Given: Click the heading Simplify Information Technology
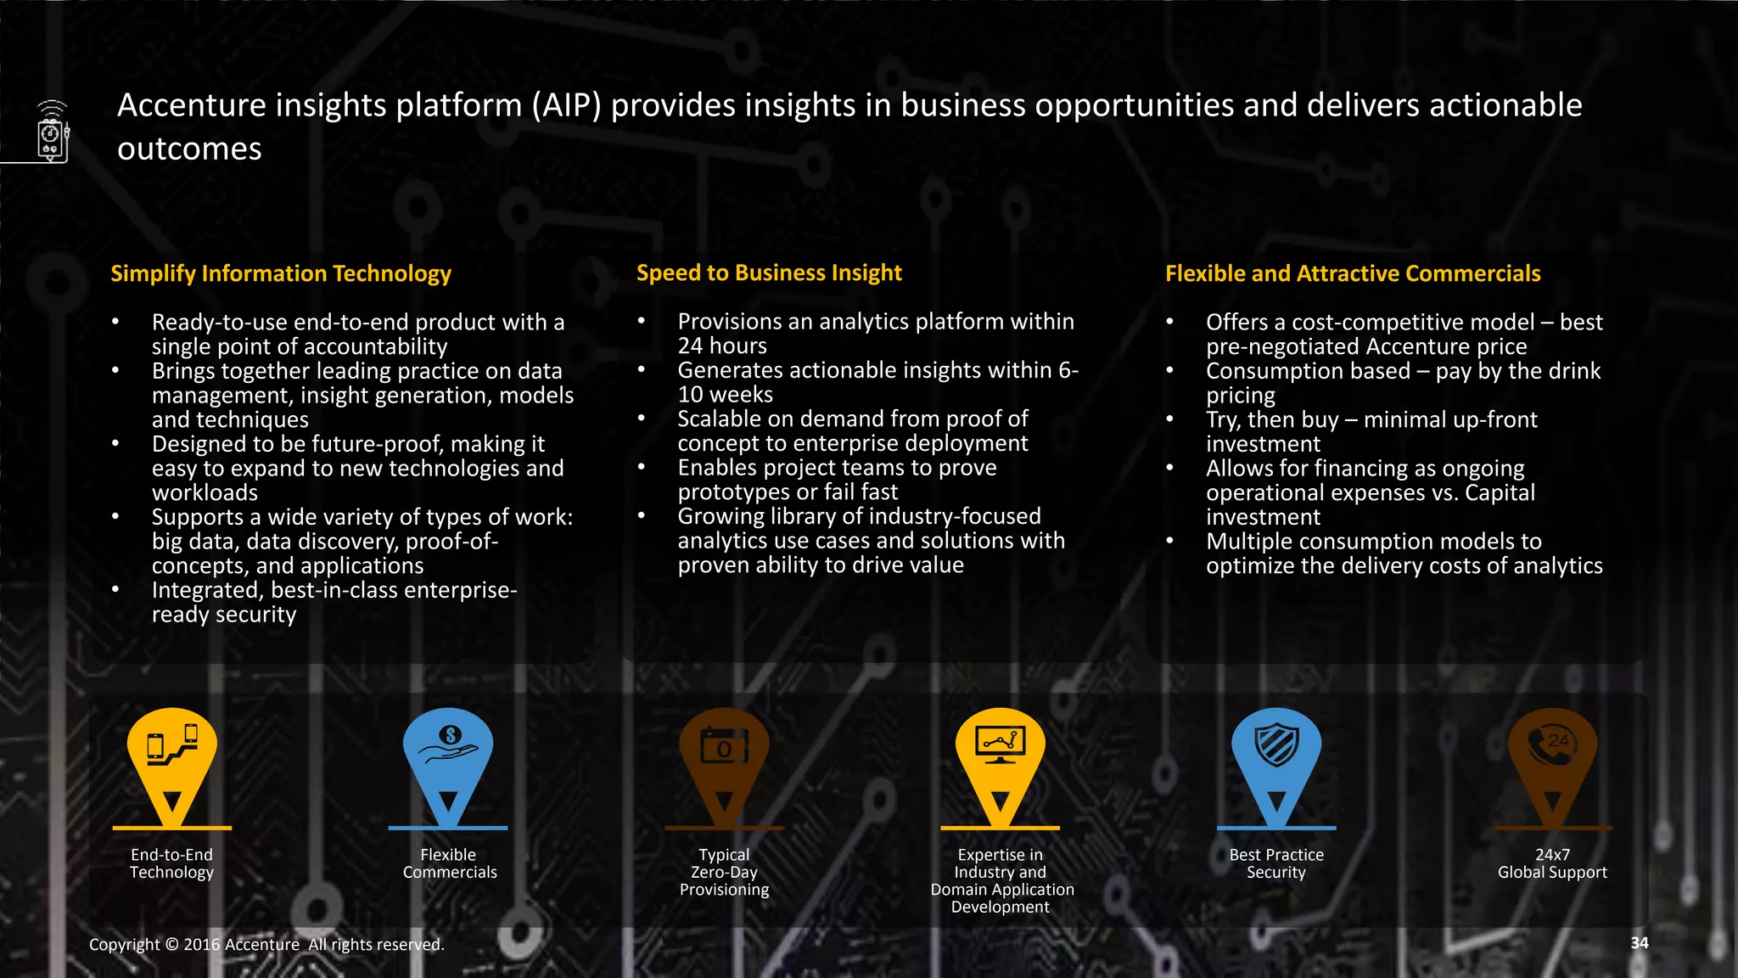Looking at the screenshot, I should (281, 273).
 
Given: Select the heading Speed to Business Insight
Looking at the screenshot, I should (769, 273).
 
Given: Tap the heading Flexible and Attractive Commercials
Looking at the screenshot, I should (1353, 273).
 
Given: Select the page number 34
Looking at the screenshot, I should (1640, 942).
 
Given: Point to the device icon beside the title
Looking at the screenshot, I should (52, 132).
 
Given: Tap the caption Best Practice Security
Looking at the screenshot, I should (1276, 863).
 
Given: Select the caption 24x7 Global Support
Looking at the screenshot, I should (1552, 863).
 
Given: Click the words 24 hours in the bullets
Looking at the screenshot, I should (722, 346).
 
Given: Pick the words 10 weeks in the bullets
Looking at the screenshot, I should (726, 395).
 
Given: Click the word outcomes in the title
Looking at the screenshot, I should (189, 149).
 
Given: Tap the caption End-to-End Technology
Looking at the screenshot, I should (172, 863).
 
